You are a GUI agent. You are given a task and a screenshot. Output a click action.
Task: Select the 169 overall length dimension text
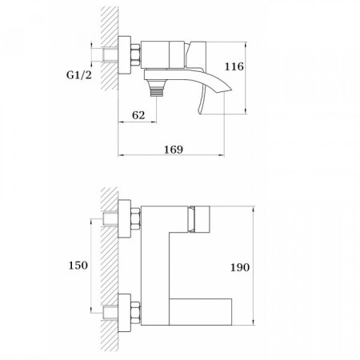pos(174,149)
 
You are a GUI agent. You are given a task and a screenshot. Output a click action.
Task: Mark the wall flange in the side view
pos(124,55)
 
